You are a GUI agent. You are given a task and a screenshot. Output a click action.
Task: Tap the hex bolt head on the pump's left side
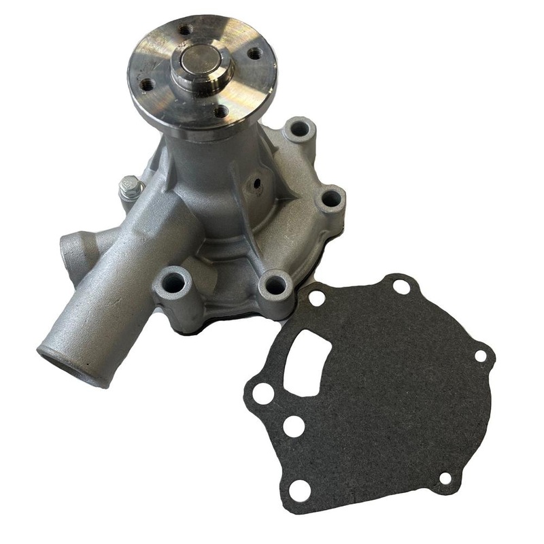click(x=128, y=186)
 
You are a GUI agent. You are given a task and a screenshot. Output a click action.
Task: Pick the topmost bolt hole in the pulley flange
click(x=185, y=31)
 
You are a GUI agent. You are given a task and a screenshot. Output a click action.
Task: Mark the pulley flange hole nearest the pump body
click(x=221, y=111)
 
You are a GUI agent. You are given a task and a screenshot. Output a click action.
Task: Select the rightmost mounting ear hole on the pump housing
click(x=331, y=199)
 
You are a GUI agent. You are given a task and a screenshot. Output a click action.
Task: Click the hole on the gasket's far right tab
click(x=480, y=356)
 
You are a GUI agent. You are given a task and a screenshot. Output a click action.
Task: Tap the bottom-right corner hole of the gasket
click(x=445, y=477)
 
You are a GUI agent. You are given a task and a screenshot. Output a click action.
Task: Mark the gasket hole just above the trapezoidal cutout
click(x=317, y=299)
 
